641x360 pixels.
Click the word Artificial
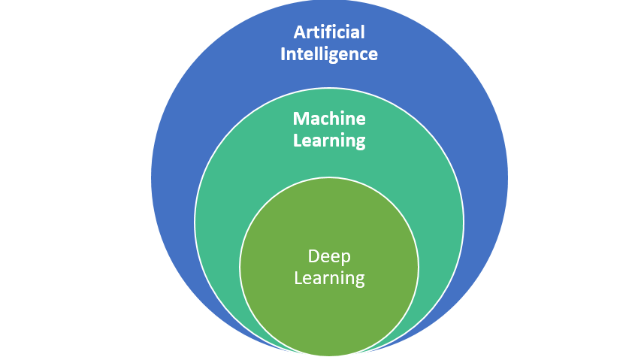[329, 32]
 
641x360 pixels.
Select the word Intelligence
[329, 54]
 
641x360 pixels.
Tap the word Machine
[329, 119]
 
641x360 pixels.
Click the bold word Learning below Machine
[329, 141]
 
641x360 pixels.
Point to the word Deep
[329, 257]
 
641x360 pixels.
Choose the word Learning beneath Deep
[329, 278]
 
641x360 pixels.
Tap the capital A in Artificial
[299, 32]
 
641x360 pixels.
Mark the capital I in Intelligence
[283, 54]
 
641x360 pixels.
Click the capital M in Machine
[300, 119]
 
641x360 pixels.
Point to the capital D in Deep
[313, 257]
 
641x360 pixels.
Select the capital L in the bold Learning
[296, 141]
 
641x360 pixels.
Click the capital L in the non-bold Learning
[298, 278]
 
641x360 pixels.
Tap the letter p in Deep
[345, 259]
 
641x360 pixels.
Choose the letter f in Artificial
[333, 32]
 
